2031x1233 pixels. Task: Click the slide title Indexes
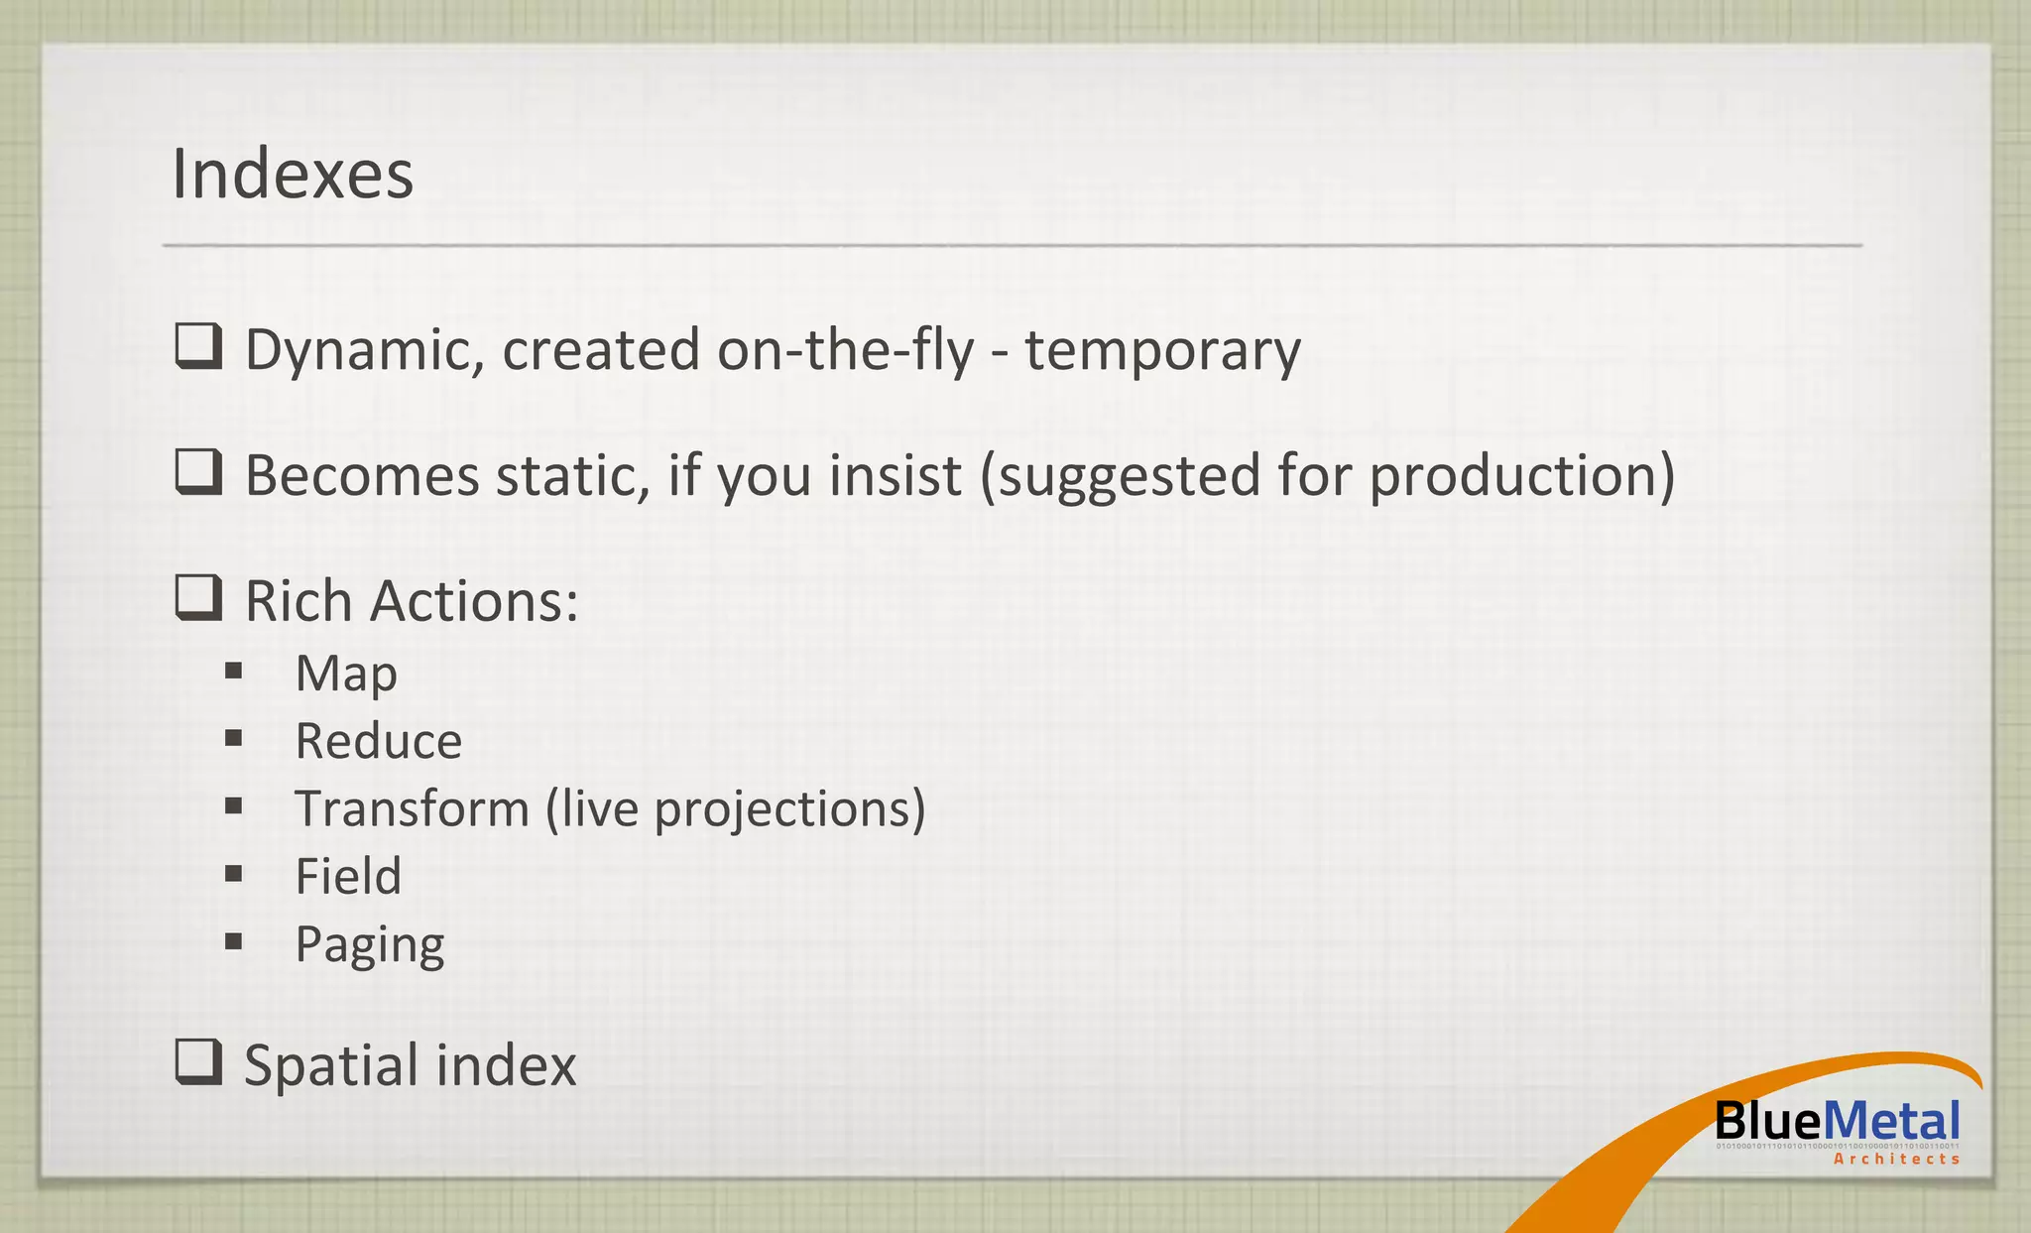coord(293,175)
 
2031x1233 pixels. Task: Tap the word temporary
coord(1162,351)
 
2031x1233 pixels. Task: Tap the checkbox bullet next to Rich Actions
coord(198,598)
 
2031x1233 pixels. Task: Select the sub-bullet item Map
coord(346,675)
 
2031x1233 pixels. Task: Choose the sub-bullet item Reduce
coord(378,741)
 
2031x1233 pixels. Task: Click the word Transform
coord(412,808)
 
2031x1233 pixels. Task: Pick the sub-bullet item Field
coord(348,876)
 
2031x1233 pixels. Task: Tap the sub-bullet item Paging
coord(369,945)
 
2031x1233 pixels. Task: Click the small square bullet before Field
coord(234,874)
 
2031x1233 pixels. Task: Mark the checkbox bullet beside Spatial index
coord(198,1062)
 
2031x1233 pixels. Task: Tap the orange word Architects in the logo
coord(1896,1159)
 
